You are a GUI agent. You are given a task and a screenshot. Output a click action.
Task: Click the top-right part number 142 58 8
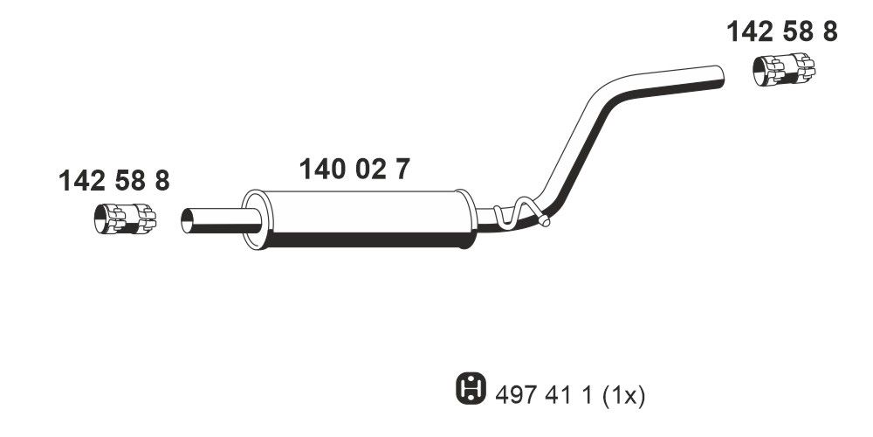click(x=782, y=32)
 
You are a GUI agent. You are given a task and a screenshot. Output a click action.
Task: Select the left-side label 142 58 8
click(x=113, y=181)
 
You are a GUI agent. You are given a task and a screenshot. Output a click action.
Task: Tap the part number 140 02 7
click(x=354, y=170)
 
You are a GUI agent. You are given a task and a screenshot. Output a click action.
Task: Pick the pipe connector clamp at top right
click(x=783, y=69)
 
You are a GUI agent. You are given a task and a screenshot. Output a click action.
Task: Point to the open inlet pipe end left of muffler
click(x=188, y=220)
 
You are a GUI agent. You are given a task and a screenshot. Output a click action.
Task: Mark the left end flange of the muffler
click(x=253, y=219)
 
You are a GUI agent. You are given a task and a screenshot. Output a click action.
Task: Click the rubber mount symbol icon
click(x=467, y=387)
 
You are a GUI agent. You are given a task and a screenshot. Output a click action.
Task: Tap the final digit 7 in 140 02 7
click(x=399, y=170)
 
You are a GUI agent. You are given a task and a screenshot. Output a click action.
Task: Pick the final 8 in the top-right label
click(x=828, y=32)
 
